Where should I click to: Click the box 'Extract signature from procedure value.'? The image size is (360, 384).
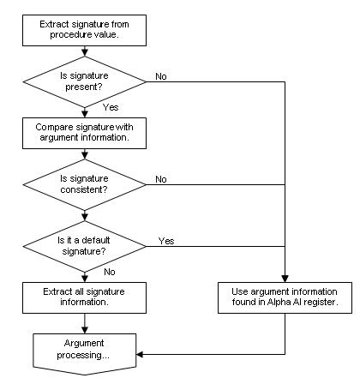click(84, 30)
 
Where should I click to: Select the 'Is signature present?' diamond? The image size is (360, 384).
click(84, 81)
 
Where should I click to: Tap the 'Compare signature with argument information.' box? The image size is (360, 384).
click(84, 133)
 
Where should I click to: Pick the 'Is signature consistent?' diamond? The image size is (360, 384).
click(84, 184)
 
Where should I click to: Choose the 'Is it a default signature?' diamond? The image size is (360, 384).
click(84, 246)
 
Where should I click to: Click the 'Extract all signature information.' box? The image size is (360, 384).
click(84, 297)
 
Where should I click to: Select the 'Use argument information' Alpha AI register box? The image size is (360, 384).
click(285, 297)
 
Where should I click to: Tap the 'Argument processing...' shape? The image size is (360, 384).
click(85, 354)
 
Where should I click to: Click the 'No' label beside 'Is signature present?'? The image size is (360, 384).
click(161, 76)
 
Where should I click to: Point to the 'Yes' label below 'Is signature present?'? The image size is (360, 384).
click(111, 107)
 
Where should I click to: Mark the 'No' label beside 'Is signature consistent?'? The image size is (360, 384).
click(161, 179)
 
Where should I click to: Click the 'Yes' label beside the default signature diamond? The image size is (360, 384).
click(166, 241)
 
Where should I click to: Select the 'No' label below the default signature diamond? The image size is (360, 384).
click(110, 272)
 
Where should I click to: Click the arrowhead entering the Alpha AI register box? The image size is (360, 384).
click(285, 279)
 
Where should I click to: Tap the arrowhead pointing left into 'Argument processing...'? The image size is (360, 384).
click(140, 355)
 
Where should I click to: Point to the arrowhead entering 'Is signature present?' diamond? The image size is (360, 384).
click(85, 53)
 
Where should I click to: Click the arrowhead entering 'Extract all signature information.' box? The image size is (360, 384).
click(85, 279)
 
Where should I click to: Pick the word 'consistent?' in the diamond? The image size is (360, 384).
click(84, 189)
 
